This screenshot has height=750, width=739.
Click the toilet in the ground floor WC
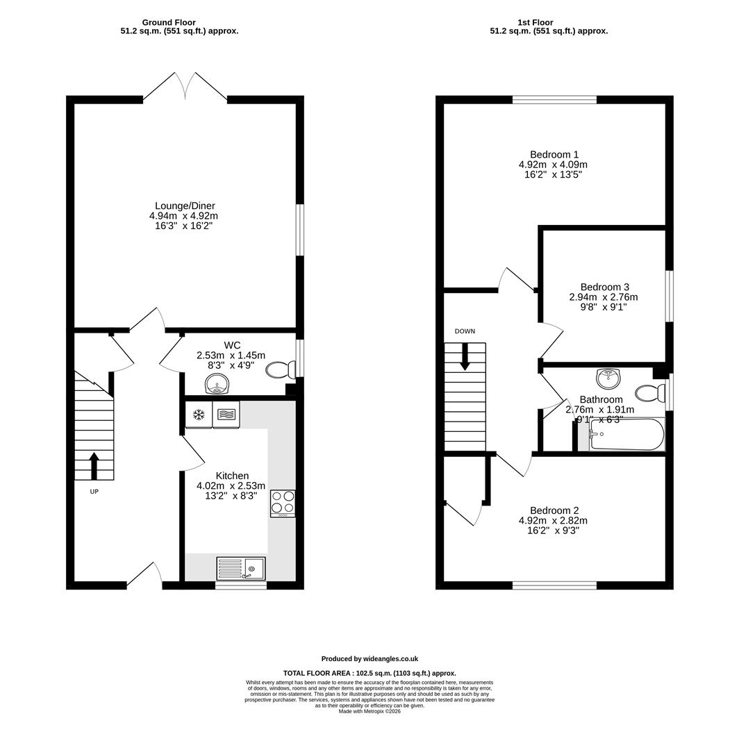[281, 369]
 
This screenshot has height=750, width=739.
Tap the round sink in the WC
[217, 384]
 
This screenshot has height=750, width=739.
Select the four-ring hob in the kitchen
[283, 503]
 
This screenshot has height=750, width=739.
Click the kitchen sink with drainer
[241, 568]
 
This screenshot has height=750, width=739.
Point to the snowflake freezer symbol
[199, 415]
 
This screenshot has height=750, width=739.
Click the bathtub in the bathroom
[626, 434]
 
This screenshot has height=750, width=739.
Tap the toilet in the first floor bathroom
[650, 392]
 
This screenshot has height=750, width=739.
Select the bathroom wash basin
[608, 378]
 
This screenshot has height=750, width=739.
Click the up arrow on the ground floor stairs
[94, 466]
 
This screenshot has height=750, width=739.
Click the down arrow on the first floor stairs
[465, 357]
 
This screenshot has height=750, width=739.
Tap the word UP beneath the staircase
[94, 491]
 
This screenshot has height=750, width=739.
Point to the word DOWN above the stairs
[465, 331]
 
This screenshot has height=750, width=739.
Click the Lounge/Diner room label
[185, 206]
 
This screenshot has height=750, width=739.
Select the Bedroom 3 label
[604, 287]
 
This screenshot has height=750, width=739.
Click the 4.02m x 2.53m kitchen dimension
[231, 486]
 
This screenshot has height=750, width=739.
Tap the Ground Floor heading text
[169, 22]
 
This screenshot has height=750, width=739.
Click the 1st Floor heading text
[535, 22]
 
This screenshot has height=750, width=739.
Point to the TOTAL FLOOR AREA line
[369, 673]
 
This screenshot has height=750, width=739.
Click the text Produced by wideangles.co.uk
[369, 658]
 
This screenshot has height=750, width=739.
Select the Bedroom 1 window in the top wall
[554, 99]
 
